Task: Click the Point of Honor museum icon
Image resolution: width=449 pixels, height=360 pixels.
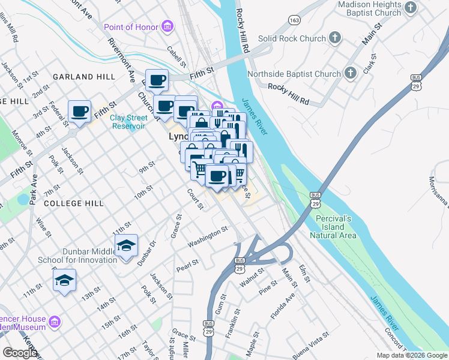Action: click(167, 26)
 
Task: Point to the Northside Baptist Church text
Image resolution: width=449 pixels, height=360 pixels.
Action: click(303, 74)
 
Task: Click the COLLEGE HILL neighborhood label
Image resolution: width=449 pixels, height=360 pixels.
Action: click(74, 203)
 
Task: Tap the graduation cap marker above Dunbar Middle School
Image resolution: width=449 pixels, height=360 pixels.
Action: click(126, 245)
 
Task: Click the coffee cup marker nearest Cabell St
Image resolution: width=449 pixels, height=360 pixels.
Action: click(157, 80)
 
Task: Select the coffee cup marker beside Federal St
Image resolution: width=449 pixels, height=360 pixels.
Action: click(80, 111)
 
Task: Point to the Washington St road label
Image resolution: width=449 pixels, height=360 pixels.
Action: click(208, 236)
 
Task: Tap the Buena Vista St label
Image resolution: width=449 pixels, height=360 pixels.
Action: click(310, 346)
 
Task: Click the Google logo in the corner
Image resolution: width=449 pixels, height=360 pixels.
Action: click(20, 353)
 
